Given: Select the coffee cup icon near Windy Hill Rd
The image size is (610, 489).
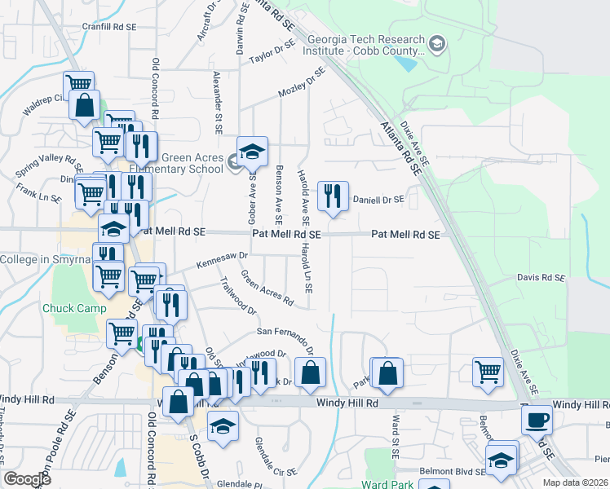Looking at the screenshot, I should (537, 421).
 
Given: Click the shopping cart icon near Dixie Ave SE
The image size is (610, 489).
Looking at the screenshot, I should (488, 371).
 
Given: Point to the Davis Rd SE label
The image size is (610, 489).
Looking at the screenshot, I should (541, 278).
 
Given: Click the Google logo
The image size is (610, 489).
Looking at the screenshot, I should (27, 479).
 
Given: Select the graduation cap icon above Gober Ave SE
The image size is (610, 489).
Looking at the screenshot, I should (253, 151).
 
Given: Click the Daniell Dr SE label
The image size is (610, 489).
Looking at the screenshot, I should (378, 199).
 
